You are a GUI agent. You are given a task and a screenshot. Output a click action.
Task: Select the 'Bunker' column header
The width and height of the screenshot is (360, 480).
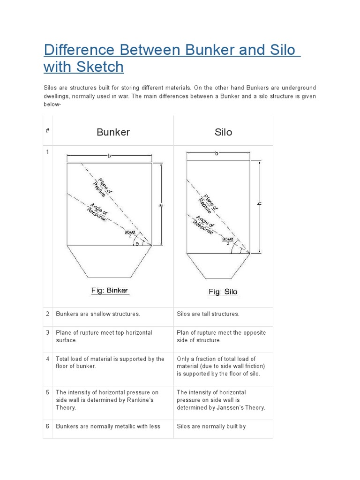tap(113, 132)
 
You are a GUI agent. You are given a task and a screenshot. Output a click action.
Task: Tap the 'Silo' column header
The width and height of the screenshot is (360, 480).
tap(223, 132)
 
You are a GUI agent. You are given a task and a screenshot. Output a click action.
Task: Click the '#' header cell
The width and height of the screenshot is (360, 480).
tap(48, 131)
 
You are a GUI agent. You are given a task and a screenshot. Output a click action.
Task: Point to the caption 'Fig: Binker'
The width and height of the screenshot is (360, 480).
tap(109, 291)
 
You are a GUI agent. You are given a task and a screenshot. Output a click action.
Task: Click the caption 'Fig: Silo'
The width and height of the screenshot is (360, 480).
tap(223, 292)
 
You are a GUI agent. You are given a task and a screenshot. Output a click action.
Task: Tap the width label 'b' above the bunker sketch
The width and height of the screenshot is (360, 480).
tap(109, 156)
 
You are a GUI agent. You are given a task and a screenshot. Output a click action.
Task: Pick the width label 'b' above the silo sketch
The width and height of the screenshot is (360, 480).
tap(217, 153)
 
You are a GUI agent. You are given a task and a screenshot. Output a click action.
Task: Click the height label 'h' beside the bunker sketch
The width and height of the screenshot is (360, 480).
tap(161, 204)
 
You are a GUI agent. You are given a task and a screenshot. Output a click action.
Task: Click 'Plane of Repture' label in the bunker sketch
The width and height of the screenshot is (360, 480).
tap(102, 187)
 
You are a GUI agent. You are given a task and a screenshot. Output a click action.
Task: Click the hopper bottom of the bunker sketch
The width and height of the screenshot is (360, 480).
tap(109, 261)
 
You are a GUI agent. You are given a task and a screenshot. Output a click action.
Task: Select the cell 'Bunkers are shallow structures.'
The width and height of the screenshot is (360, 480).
tap(98, 314)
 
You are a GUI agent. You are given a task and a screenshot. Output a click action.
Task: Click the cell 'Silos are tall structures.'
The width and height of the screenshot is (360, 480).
tap(208, 314)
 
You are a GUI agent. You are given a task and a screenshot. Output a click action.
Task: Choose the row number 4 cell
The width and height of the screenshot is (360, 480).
tap(48, 359)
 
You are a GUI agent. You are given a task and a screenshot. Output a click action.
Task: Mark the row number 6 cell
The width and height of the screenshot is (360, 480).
tap(48, 427)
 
